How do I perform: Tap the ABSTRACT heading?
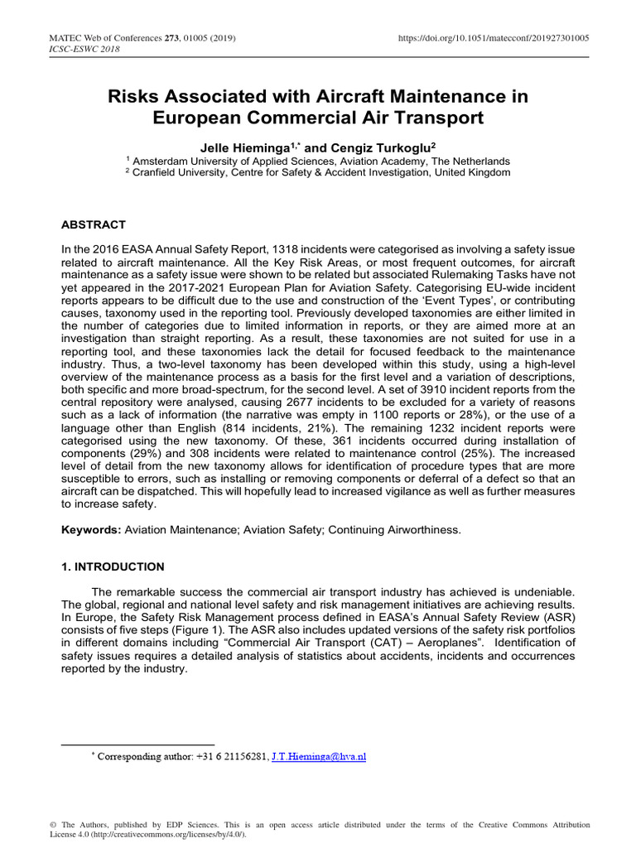point(94,224)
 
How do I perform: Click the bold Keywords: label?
point(92,529)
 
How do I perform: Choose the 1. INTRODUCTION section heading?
point(113,567)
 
